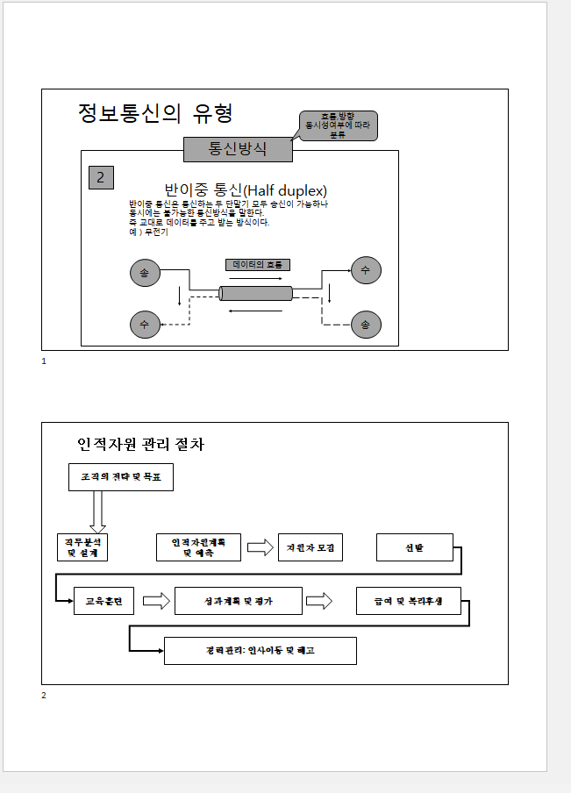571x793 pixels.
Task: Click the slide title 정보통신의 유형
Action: [x=155, y=113]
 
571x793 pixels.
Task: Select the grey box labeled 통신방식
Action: [x=238, y=149]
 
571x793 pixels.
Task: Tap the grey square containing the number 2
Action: [x=101, y=177]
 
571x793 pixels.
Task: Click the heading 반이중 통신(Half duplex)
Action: [x=246, y=190]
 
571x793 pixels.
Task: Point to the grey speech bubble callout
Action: [x=338, y=125]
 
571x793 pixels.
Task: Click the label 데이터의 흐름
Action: [x=257, y=264]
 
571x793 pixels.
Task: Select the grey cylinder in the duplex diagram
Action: [x=256, y=293]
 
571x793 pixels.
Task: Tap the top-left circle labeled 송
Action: [x=144, y=272]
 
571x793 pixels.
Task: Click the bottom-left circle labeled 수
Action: [x=144, y=324]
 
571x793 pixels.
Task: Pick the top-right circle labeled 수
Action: [x=366, y=270]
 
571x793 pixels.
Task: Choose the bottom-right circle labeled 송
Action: [x=366, y=324]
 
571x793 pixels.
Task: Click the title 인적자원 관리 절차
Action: [x=140, y=445]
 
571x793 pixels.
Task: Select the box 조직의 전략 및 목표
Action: [x=120, y=476]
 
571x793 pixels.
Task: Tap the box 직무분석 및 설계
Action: [x=82, y=547]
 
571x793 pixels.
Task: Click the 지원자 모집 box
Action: [x=310, y=547]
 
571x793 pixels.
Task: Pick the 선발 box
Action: [x=414, y=547]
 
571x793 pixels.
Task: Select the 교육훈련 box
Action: [x=103, y=601]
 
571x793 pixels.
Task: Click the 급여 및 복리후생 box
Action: [x=409, y=601]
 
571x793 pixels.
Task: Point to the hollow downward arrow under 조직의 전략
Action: [x=97, y=511]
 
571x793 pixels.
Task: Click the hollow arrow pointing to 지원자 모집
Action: [x=260, y=547]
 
